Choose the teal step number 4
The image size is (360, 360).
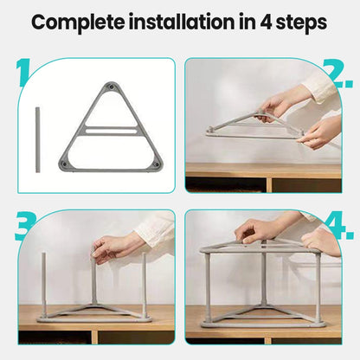point(340,227)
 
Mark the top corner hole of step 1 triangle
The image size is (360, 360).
point(111,87)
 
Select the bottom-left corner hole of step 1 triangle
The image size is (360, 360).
point(65,163)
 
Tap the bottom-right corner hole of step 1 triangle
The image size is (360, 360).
point(156,163)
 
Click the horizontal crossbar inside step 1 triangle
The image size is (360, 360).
point(111,130)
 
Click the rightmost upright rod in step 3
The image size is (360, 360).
point(144,286)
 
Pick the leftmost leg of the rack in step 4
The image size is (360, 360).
point(207,286)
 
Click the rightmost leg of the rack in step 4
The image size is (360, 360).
point(318,286)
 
